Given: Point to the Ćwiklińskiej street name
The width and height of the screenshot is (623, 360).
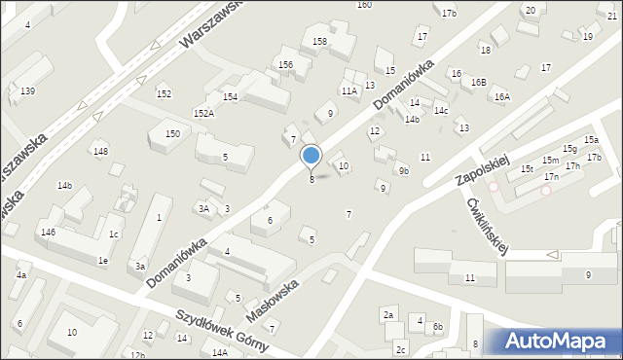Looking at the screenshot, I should tap(491, 225).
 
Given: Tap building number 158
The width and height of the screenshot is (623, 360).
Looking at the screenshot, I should tap(319, 42).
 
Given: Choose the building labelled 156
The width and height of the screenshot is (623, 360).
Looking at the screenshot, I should tap(285, 64).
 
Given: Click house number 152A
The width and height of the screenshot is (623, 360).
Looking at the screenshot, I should tap(203, 114).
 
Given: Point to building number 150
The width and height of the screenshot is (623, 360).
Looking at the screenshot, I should tap(172, 134).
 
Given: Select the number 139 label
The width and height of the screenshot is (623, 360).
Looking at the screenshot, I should tap(28, 90).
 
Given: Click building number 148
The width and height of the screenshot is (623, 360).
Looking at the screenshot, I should tap(100, 151).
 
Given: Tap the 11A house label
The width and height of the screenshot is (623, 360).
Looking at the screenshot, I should tap(349, 90).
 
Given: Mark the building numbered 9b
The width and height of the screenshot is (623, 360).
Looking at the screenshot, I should tap(404, 171).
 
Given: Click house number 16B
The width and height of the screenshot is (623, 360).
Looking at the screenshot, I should tap(478, 83).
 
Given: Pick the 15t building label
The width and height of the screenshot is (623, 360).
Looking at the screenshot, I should tap(527, 168).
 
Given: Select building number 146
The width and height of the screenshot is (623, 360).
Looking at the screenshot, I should tap(49, 233).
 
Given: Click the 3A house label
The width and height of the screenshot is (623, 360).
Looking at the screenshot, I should tap(203, 208).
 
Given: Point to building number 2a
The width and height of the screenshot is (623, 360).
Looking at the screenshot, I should tap(387, 314).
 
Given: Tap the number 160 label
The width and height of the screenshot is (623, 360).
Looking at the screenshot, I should tap(364, 5).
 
